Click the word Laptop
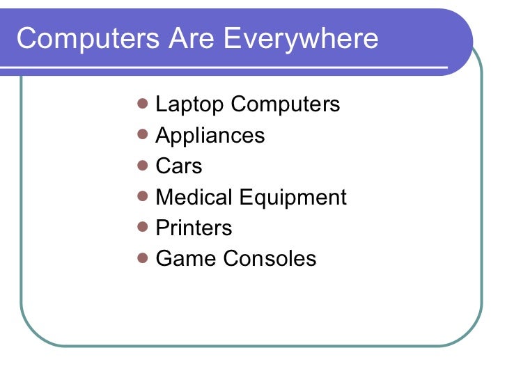pos(189,105)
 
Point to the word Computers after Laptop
pos(285,104)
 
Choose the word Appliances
pos(210,136)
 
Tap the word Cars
pos(179,166)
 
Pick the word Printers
pos(194,228)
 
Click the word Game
pos(186,259)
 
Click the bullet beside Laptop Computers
pos(143,104)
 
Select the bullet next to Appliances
pos(143,135)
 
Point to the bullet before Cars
pos(143,166)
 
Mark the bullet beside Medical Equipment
pos(143,197)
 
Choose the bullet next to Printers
pos(143,228)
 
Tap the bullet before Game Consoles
pos(143,258)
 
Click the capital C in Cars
pos(162,166)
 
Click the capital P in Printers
pos(162,228)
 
